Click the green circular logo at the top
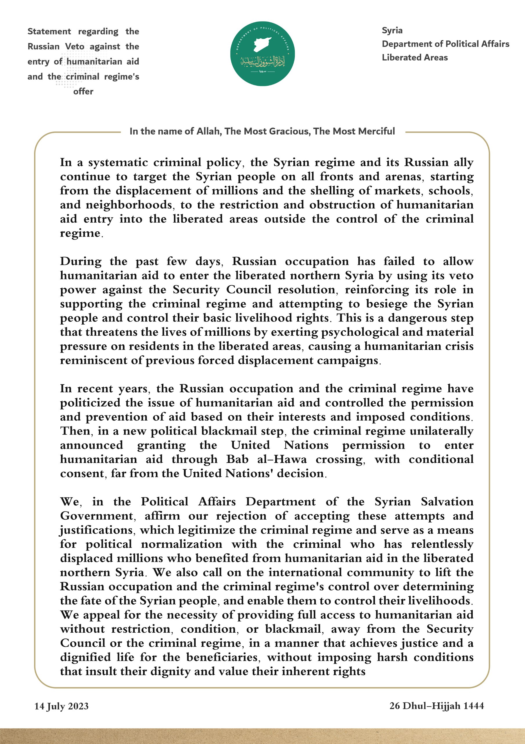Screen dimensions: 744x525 (262, 54)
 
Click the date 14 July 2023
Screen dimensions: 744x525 (62, 706)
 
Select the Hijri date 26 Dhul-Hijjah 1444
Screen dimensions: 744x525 (437, 705)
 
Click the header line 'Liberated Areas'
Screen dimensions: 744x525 (415, 58)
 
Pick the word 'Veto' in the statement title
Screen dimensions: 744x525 (75, 46)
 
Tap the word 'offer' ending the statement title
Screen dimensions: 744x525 (83, 91)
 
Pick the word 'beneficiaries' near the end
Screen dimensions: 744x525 (222, 657)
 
